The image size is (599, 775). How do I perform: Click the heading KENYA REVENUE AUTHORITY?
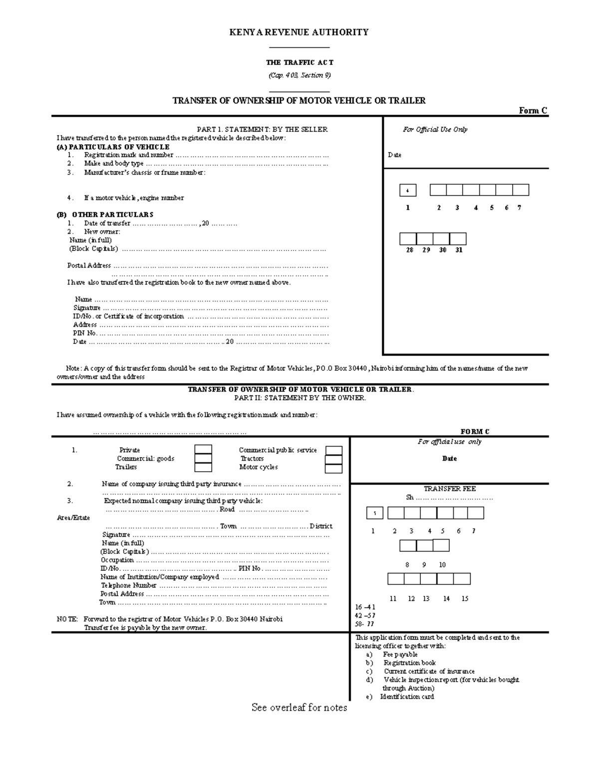click(x=299, y=32)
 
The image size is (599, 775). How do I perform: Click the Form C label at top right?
click(x=533, y=111)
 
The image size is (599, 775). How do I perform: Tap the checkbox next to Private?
click(x=203, y=450)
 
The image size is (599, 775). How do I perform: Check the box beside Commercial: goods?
click(x=203, y=459)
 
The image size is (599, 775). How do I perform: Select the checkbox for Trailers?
click(x=203, y=467)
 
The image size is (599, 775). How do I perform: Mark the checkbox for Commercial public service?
click(x=333, y=451)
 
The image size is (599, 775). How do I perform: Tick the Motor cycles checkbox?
click(x=333, y=468)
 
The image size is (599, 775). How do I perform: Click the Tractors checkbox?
click(x=333, y=459)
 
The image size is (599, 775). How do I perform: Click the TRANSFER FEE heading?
click(x=449, y=489)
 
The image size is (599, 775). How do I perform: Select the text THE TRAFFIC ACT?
click(x=299, y=63)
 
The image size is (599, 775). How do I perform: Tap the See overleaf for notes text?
click(x=299, y=708)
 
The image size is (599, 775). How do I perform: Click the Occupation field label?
click(x=117, y=560)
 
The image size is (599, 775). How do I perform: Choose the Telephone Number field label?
click(x=129, y=586)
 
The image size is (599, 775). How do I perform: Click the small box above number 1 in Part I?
click(x=408, y=191)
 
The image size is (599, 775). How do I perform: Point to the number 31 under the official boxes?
click(x=459, y=250)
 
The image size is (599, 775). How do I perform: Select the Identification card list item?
click(x=407, y=697)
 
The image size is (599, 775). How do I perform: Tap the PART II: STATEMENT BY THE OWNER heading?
click(x=300, y=398)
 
